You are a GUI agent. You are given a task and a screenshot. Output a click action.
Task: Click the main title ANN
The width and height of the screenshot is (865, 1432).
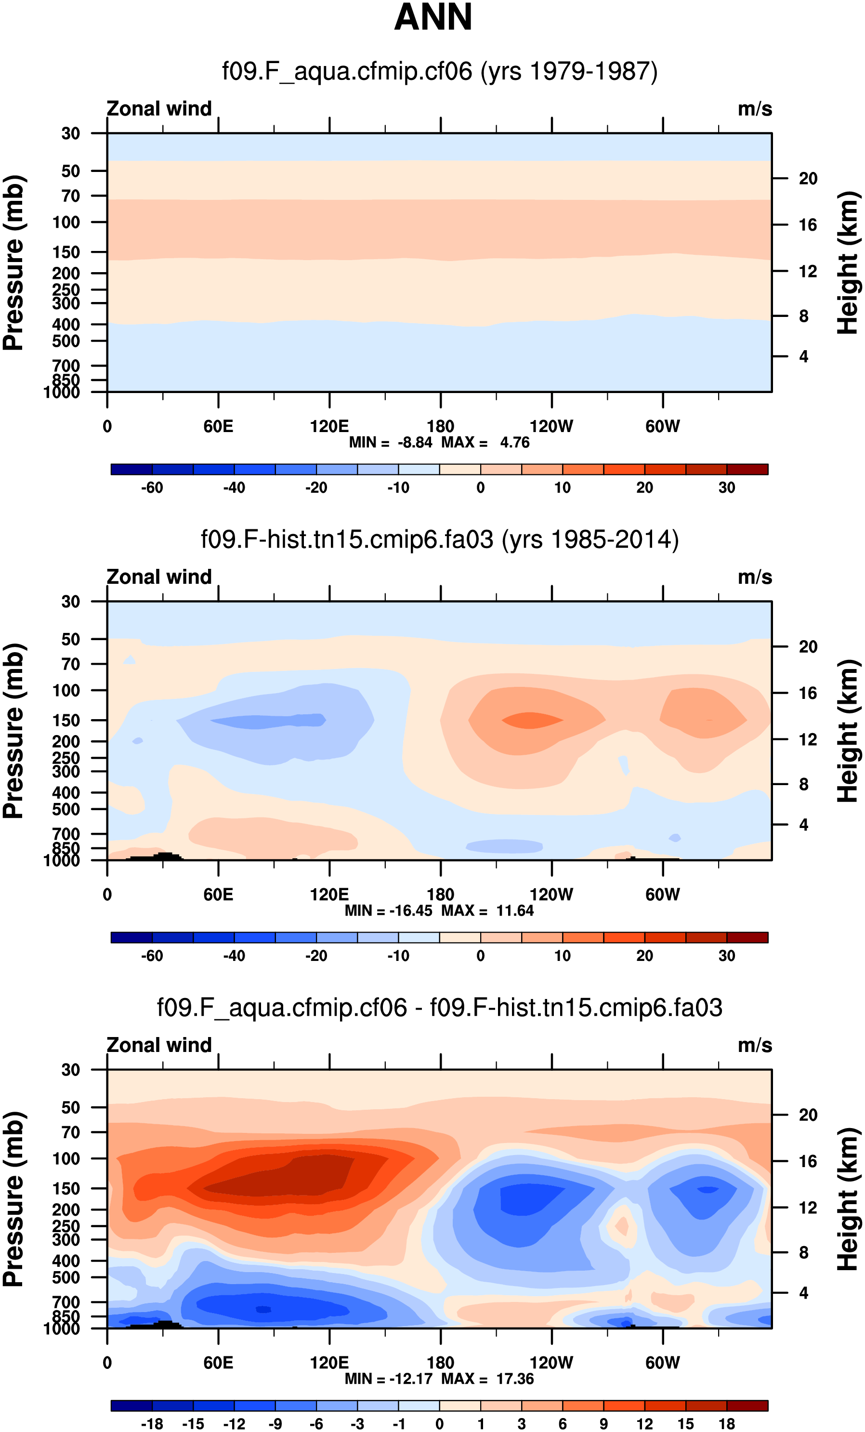coord(433,17)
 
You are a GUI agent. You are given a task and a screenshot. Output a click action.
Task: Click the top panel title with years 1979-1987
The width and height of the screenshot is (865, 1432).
coord(440,71)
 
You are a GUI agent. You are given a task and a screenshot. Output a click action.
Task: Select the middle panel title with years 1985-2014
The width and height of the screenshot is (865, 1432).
coord(440,539)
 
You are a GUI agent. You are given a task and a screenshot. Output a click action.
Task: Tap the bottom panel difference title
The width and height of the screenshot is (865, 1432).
coord(440,1007)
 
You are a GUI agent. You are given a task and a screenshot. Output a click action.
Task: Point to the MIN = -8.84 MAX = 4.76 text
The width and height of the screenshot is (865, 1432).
coord(439,443)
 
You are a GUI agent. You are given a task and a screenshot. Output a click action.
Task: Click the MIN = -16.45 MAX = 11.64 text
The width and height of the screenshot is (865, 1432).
coord(439,911)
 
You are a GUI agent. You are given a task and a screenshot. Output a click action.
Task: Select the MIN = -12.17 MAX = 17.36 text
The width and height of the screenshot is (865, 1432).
coord(439,1379)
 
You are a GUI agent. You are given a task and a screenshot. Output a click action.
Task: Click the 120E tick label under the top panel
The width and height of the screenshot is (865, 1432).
coord(329,427)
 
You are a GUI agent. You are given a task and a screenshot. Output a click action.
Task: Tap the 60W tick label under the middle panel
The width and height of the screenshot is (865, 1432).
coord(662,894)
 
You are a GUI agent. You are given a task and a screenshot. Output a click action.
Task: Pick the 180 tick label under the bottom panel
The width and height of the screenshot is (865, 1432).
coord(440,1363)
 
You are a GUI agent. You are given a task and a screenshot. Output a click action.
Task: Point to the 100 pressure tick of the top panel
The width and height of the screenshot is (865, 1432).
coord(66,222)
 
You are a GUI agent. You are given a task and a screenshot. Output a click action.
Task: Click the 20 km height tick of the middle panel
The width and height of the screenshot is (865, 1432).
coord(808,647)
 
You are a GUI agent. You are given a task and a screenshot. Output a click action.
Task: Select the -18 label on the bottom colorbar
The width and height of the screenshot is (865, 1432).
coord(152,1424)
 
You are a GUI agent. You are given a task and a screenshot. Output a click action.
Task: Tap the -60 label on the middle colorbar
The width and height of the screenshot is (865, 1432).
coord(152,956)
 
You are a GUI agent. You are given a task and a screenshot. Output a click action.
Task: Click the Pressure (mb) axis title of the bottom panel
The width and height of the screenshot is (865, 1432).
coord(14,1199)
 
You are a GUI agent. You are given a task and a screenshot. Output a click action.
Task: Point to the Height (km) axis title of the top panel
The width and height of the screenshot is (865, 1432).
coord(848,263)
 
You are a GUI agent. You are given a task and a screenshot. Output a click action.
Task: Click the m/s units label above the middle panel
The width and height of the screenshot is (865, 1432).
coord(755,577)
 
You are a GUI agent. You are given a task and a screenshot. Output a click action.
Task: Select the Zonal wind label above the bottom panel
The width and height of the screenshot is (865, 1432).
coord(159,1045)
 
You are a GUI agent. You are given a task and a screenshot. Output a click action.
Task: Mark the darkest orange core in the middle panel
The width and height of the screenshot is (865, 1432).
coord(532,720)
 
